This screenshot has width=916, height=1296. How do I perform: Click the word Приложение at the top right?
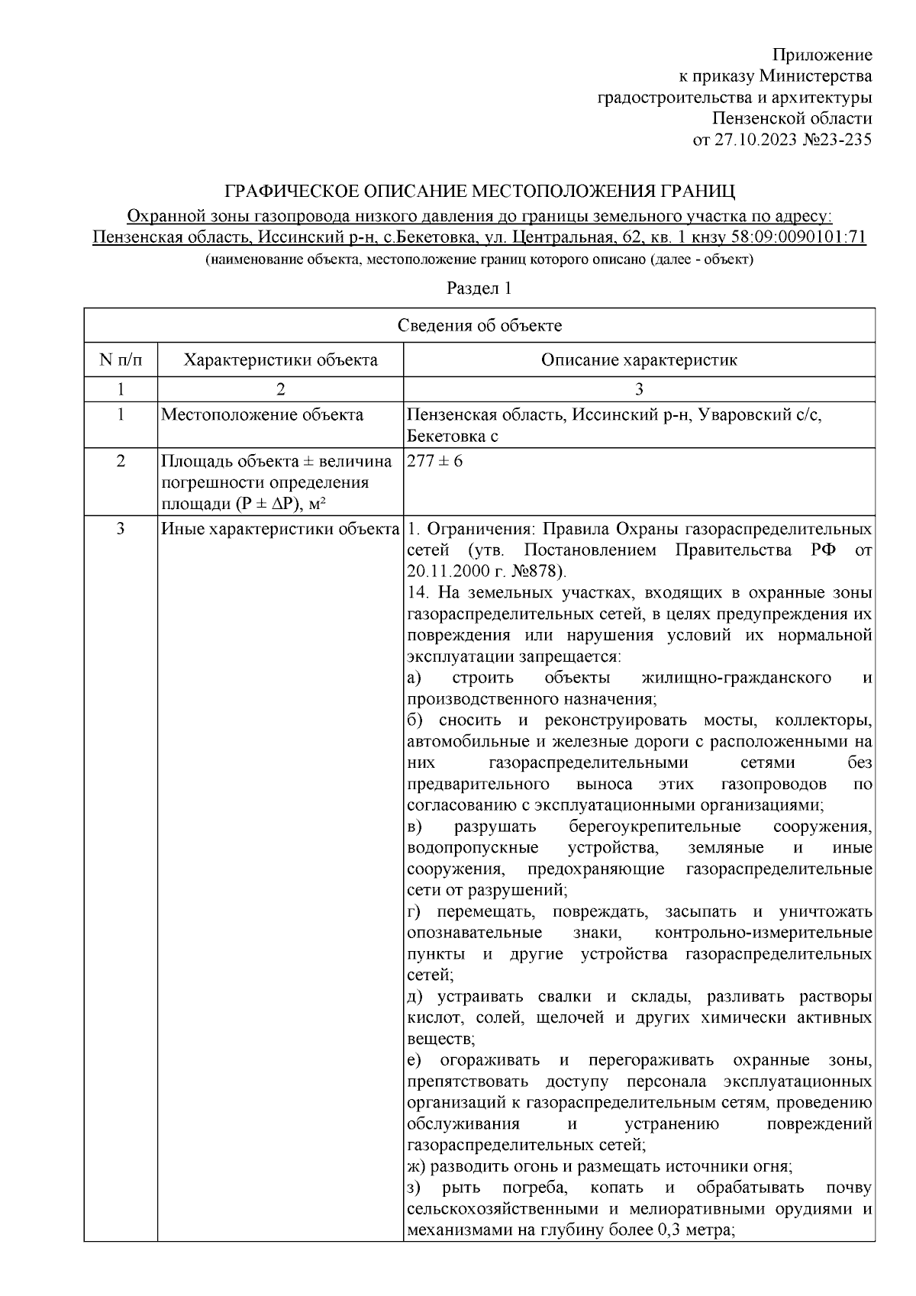click(x=822, y=55)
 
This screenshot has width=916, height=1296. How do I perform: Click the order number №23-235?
click(x=837, y=140)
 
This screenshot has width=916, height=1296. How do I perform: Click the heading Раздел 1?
click(x=479, y=289)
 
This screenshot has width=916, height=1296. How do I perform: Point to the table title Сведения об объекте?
click(x=479, y=326)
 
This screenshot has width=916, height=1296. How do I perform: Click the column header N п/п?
click(x=120, y=360)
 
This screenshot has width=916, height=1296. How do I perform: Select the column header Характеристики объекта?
click(x=280, y=360)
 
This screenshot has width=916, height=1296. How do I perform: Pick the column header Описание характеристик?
click(x=639, y=360)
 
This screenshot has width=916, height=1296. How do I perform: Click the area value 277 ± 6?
click(x=434, y=462)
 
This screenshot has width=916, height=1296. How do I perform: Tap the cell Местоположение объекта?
click(x=263, y=415)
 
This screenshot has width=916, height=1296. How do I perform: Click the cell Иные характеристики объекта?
click(x=280, y=529)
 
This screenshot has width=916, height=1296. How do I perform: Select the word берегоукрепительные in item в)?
click(x=654, y=827)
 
